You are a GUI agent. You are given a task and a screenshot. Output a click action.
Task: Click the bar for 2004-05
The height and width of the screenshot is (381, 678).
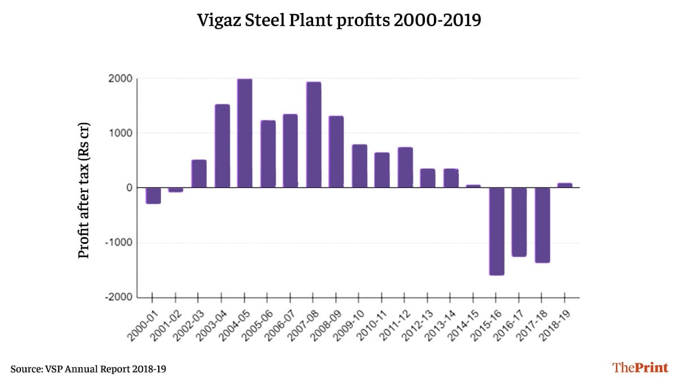click(x=245, y=133)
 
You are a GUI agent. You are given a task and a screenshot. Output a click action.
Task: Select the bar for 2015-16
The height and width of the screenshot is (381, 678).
click(x=497, y=231)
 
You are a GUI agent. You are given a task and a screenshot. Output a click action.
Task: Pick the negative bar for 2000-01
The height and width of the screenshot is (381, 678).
click(x=153, y=195)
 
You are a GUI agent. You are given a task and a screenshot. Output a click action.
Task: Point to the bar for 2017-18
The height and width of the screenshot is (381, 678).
click(x=542, y=225)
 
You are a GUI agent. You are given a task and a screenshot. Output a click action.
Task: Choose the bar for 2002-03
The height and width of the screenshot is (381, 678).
click(x=199, y=174)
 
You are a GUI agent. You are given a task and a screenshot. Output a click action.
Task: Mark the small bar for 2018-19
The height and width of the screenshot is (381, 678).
click(x=565, y=185)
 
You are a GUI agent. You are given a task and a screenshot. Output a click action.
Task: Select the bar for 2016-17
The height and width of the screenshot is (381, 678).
click(x=519, y=222)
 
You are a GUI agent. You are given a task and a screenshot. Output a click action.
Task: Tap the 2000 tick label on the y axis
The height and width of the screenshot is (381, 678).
click(x=121, y=79)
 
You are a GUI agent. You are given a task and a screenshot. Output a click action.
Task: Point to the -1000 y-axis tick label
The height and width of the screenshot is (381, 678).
click(x=119, y=243)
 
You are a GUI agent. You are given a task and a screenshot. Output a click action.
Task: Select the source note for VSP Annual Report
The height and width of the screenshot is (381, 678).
click(x=88, y=369)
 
